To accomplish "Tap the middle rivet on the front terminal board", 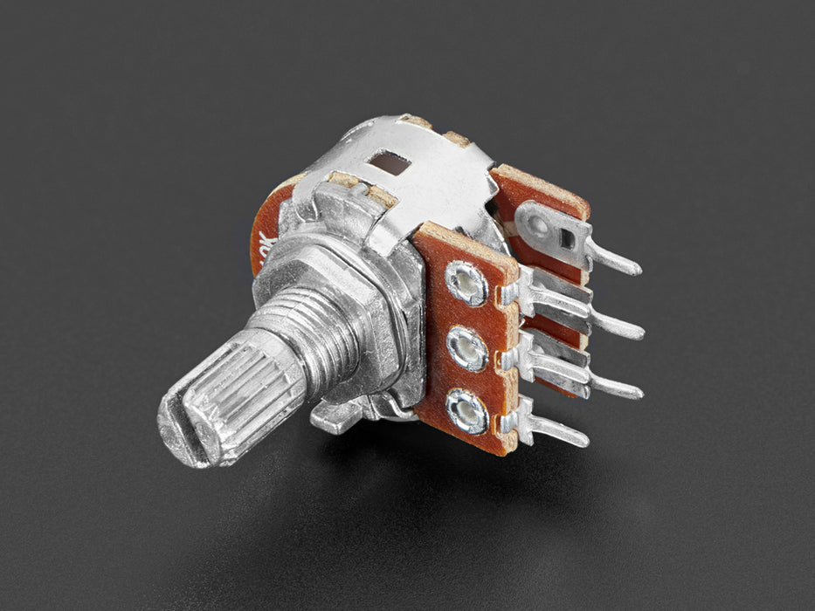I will click(466, 349).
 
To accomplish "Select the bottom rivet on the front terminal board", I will click(467, 410).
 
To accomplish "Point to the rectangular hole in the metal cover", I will click(388, 162).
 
